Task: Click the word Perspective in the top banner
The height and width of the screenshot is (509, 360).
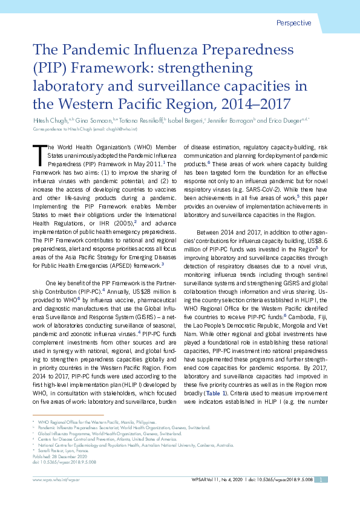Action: (293, 24)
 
